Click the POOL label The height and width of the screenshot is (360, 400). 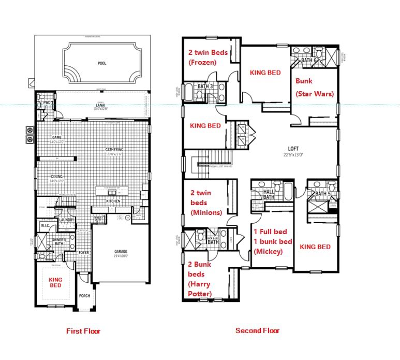coord(102,63)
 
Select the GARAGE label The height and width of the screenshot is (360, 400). coord(121,252)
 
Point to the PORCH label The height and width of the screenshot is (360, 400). coord(84,297)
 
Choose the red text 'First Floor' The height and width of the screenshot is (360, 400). coord(83,331)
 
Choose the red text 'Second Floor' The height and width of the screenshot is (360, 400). coord(257,330)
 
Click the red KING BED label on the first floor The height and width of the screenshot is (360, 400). coord(55,282)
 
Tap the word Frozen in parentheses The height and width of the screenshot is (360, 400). coord(203,63)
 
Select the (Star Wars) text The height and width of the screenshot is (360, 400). coord(315,94)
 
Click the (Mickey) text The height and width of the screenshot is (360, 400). coord(268,252)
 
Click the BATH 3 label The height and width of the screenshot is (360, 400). coord(205,86)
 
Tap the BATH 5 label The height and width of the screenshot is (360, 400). coord(322,194)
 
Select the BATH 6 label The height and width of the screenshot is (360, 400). coord(308,61)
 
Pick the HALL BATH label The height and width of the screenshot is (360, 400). coord(269,194)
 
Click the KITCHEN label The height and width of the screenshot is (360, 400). coord(113,201)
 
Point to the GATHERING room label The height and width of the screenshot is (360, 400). coord(114,150)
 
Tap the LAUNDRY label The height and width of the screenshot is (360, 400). coord(66,220)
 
